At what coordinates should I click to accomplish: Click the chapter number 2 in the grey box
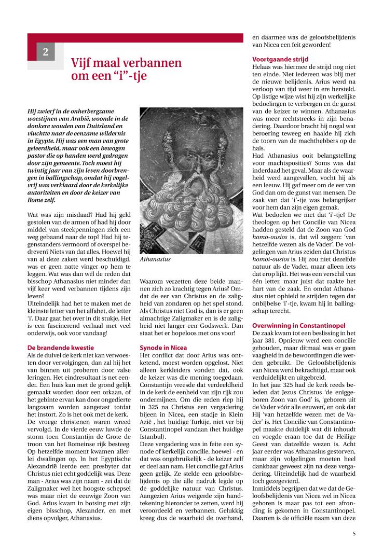coord(46,52)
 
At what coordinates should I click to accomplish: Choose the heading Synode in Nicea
coord(164,347)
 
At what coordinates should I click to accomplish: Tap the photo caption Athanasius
coord(155,259)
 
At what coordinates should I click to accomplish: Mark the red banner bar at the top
coord(135,38)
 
